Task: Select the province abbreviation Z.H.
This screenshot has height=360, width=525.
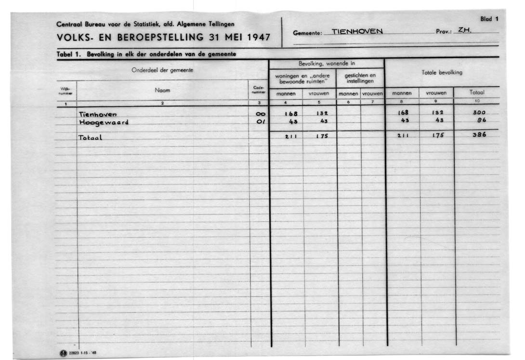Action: tap(464, 30)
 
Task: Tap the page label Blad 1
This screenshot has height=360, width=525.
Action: tap(489, 19)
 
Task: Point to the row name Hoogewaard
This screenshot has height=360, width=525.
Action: tap(104, 122)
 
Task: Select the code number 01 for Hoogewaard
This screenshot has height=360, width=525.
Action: tap(261, 122)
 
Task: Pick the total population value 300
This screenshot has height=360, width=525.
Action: tap(479, 113)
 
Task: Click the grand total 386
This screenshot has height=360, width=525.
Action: tap(479, 135)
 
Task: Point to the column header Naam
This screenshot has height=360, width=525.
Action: tap(162, 90)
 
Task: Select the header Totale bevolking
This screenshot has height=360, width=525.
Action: tap(442, 73)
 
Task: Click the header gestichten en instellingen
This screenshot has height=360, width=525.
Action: tap(360, 78)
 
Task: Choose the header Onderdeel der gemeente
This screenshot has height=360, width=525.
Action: tap(162, 70)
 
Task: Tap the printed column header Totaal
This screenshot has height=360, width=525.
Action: tap(477, 93)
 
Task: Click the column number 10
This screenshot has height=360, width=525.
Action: tap(477, 101)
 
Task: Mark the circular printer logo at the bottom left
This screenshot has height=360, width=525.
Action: tap(62, 354)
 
